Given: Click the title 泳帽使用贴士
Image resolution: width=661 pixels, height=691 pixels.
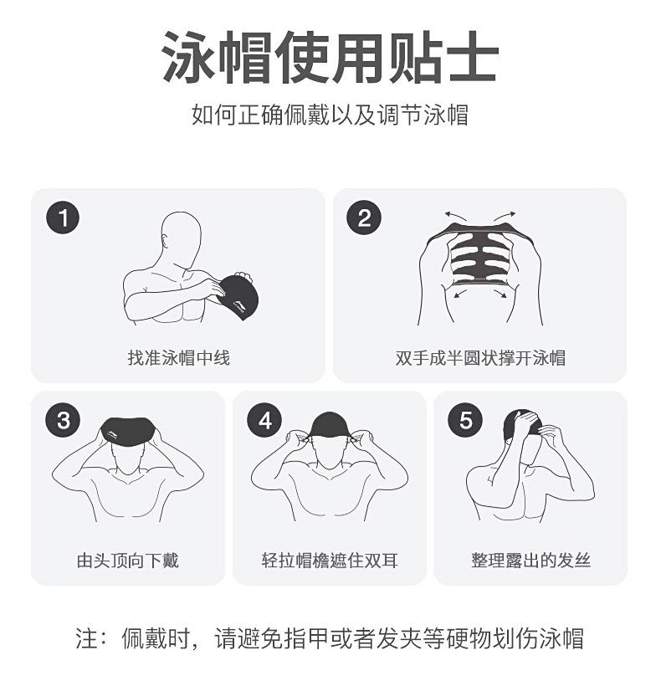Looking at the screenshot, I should tap(330, 58).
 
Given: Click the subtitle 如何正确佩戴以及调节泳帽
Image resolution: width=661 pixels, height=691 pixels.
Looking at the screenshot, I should tap(330, 114).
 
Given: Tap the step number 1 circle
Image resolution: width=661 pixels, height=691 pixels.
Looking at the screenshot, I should tap(63, 218).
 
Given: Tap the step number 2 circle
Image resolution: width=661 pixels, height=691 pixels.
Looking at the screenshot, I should tap(364, 218).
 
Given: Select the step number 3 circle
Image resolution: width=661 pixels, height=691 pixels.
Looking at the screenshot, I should tap(63, 420).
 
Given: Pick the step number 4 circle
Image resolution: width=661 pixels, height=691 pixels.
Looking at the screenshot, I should tap(264, 420).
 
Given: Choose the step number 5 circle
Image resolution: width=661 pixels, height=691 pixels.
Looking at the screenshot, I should tap(465, 420).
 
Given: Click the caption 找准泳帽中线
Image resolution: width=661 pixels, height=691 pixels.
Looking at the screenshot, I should tap(178, 358).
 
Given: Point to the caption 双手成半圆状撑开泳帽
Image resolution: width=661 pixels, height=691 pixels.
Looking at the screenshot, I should tap(480, 358).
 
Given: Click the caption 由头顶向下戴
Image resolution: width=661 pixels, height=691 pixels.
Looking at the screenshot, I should tap(128, 560).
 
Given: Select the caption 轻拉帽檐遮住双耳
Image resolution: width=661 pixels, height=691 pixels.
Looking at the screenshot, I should tap(330, 560).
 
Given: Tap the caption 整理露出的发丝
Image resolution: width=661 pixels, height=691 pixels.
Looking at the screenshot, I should tap(530, 560).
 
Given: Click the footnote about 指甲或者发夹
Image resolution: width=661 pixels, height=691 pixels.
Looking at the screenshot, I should tap(330, 639).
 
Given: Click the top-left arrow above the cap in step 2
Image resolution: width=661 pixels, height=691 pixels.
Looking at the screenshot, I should tap(455, 216).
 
